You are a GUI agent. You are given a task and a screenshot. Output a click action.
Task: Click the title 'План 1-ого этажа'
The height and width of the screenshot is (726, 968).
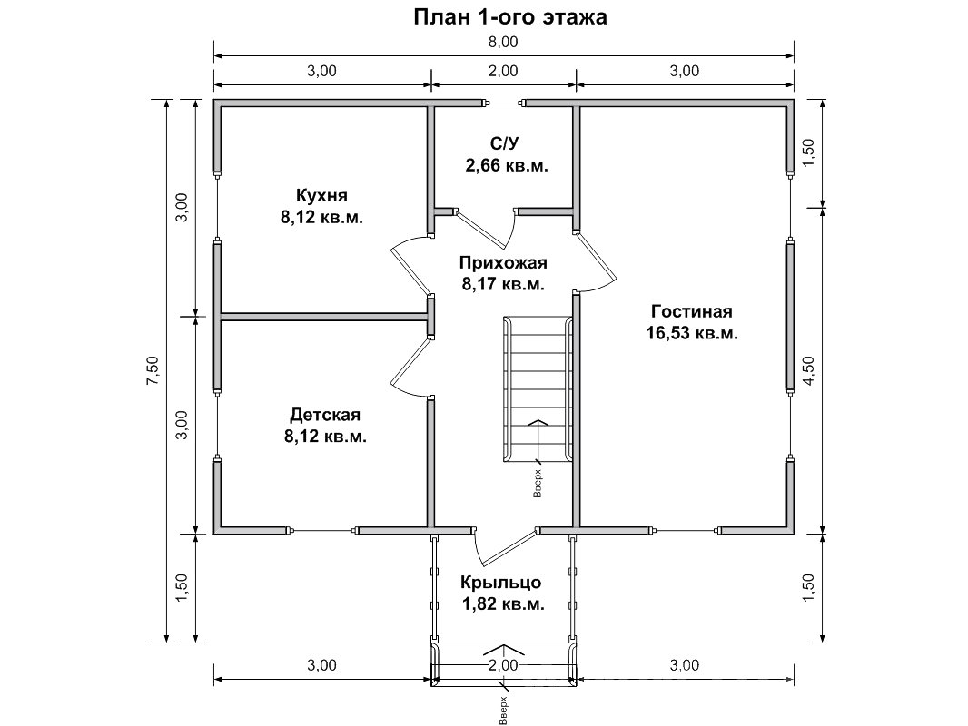(x=510, y=16)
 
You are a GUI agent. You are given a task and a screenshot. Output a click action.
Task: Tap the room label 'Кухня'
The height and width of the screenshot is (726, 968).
(x=321, y=195)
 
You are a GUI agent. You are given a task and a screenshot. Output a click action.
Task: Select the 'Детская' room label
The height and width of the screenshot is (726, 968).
(x=325, y=414)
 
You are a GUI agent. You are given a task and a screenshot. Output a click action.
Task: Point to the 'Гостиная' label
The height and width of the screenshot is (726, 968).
(x=692, y=311)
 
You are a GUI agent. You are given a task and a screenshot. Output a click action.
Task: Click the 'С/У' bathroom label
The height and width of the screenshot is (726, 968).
(x=504, y=143)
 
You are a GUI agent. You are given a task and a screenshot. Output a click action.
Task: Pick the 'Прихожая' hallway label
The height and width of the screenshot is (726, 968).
(x=503, y=263)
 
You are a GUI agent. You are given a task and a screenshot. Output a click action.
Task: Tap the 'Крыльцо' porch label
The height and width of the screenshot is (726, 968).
(x=501, y=583)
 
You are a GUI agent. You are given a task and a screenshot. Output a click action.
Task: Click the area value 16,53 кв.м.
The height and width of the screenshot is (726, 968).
(x=692, y=334)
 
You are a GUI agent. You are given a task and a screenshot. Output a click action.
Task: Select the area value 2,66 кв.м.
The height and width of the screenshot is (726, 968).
(x=507, y=166)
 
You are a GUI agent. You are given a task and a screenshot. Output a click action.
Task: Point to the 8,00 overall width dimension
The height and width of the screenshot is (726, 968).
(x=504, y=43)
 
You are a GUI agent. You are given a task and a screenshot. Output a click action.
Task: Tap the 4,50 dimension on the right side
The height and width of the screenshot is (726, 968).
(x=809, y=370)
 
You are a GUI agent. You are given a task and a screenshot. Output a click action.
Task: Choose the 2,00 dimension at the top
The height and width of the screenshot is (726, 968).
(x=504, y=71)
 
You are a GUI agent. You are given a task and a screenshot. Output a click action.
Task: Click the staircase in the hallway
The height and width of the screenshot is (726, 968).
(x=538, y=388)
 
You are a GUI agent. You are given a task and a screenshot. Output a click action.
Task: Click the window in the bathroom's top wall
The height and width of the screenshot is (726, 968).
(x=504, y=103)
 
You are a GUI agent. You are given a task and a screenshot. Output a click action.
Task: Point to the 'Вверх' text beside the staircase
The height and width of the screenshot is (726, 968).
(x=538, y=485)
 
